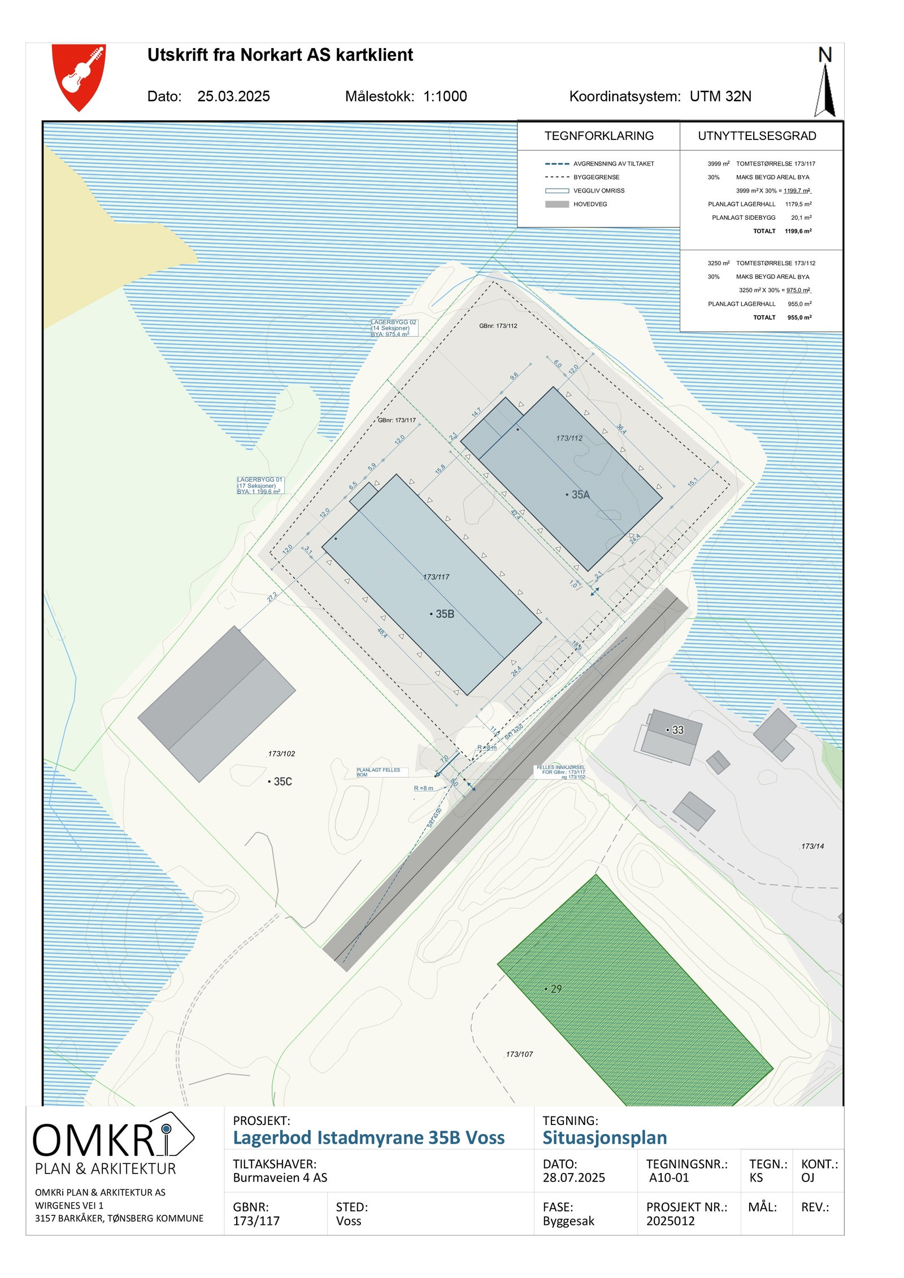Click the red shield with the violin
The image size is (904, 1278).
pos(79,76)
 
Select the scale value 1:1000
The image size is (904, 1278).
pos(445,96)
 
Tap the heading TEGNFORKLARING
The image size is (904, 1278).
pos(598,136)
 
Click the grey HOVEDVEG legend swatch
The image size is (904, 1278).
pos(557,204)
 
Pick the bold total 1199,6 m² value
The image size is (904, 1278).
pos(798,231)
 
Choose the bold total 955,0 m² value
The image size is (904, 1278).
pos(799,317)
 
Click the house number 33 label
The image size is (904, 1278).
pos(677,730)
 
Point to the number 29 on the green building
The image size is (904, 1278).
pos(556,989)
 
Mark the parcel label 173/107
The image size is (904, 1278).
pos(519,1054)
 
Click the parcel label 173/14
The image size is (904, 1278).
pos(812,846)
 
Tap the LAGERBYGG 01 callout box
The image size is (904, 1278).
pos(260,486)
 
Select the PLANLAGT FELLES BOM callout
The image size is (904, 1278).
pos(378,772)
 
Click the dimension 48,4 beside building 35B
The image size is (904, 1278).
pos(383,633)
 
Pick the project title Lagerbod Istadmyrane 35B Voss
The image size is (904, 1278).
pos(368,1137)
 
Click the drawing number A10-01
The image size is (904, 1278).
pos(668,1177)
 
